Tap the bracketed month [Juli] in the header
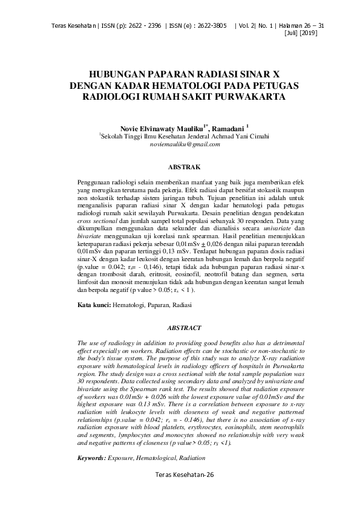pos(292,33)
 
